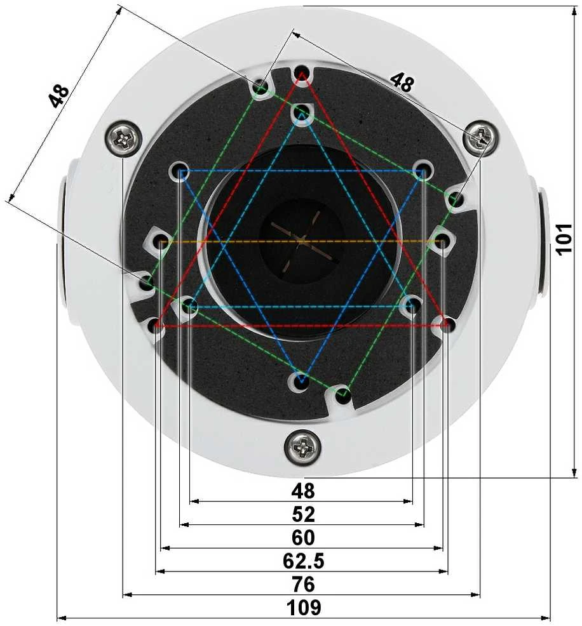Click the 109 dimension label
coord(304,607)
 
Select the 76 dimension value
coord(304,584)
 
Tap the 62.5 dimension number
coord(304,561)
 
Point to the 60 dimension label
coord(303,537)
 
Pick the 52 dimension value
coord(303,514)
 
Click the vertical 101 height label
coord(564,239)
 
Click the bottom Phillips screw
coord(302,447)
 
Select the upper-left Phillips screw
coord(123,138)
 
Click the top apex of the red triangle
coord(302,73)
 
